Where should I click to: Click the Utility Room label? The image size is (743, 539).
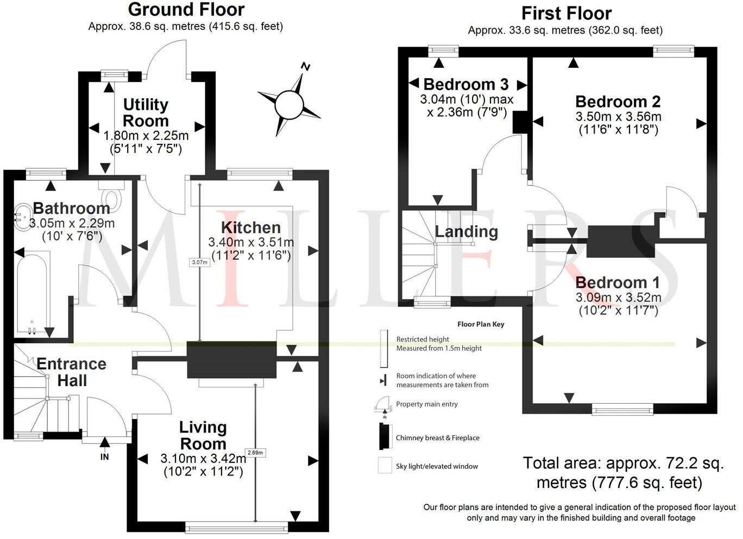coord(146,113)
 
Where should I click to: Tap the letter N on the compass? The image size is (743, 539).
coord(305,67)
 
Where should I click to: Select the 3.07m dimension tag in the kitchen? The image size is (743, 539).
coord(200,262)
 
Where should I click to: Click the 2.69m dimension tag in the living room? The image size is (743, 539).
coord(255,452)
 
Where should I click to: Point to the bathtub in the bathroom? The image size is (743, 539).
coord(32,292)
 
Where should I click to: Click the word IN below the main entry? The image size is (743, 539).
coord(104,457)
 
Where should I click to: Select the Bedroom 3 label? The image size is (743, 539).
coord(466,85)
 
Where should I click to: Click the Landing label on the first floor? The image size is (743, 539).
coord(467,232)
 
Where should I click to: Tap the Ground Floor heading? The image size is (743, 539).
coord(186,10)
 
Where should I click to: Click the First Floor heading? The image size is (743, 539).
coord(566,14)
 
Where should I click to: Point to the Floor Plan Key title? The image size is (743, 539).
coord(481,324)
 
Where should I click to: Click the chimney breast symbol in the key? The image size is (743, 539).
coord(386,436)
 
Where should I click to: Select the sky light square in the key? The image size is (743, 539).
coord(385,465)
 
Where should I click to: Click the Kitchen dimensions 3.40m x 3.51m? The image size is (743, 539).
coord(251,242)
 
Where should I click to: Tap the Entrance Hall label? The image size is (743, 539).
coord(72,372)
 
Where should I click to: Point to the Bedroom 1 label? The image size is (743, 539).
coord(618,283)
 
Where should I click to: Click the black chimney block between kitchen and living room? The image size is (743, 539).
coord(231,360)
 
